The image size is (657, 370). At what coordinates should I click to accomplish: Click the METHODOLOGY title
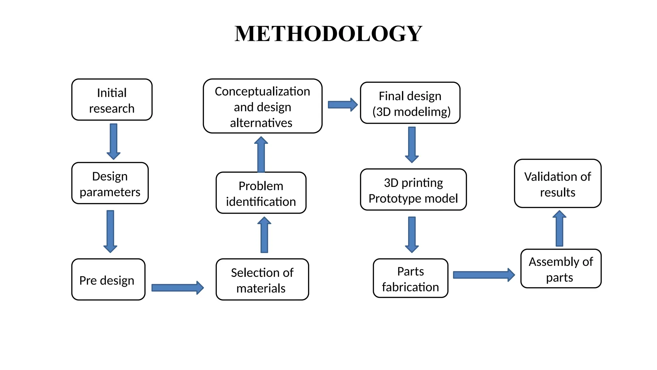(x=328, y=34)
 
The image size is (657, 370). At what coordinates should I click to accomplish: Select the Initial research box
(x=112, y=100)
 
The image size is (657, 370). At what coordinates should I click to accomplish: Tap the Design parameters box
(x=110, y=183)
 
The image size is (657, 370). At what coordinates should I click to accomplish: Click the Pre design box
(x=108, y=279)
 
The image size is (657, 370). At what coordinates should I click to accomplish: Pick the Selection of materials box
(x=262, y=280)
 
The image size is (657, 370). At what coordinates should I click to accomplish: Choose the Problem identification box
(x=261, y=193)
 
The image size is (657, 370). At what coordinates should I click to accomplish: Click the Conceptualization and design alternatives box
(x=262, y=106)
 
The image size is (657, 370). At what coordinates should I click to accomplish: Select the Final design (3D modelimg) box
(x=410, y=103)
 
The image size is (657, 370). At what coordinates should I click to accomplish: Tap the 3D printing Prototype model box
(x=413, y=190)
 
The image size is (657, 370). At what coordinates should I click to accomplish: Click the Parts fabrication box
(x=410, y=278)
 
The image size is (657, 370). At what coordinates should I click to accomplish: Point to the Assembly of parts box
(x=561, y=269)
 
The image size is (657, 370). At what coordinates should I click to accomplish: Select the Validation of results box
(x=558, y=184)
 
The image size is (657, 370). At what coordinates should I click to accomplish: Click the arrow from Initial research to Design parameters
(x=114, y=141)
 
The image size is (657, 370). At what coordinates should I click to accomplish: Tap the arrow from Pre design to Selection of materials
(x=177, y=287)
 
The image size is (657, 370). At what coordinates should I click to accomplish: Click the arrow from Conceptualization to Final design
(x=343, y=105)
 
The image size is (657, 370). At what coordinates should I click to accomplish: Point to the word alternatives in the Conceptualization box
(x=261, y=123)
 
